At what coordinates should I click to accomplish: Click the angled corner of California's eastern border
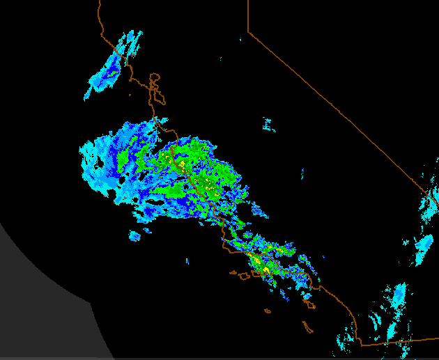(x=249, y=33)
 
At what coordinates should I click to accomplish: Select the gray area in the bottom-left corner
(x=42, y=299)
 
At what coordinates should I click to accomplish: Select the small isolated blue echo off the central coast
(x=134, y=236)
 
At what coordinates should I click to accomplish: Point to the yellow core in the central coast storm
(x=182, y=165)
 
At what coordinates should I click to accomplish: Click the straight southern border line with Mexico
(x=397, y=341)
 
